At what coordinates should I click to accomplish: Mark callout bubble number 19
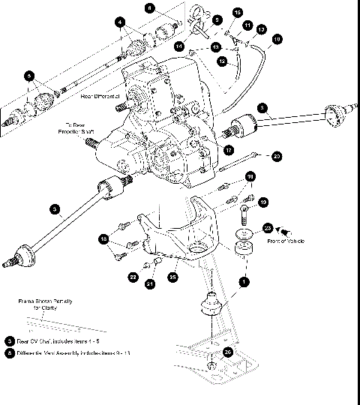(263, 202)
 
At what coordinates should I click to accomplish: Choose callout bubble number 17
(228, 149)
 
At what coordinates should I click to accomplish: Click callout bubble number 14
(179, 46)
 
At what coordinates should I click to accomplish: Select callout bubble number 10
(277, 37)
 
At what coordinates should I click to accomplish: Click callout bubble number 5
(28, 76)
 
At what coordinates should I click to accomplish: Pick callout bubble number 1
(241, 282)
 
